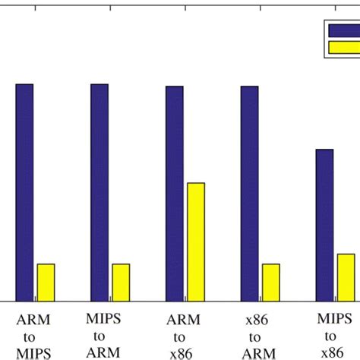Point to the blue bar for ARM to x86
[174, 194]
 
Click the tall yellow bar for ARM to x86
[196, 242]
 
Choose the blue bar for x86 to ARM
[249, 194]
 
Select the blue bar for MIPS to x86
[324, 225]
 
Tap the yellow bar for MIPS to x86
[346, 277]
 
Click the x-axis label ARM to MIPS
[34, 336]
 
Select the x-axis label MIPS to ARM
[101, 336]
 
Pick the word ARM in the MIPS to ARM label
[101, 352]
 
